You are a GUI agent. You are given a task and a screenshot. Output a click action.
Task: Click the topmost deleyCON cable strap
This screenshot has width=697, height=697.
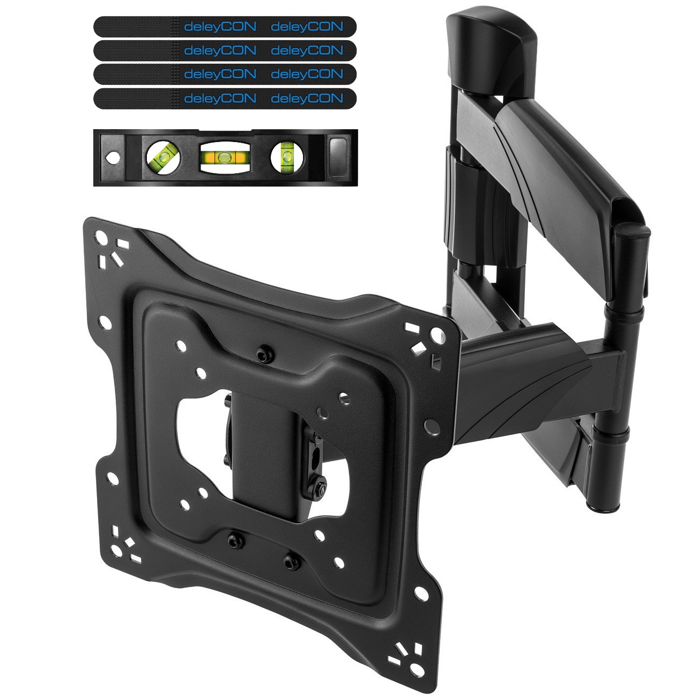pos(225,26)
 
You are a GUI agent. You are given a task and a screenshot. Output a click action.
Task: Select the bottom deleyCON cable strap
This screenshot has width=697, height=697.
pos(225,98)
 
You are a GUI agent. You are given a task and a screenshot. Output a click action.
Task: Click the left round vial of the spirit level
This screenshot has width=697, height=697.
pos(163,157)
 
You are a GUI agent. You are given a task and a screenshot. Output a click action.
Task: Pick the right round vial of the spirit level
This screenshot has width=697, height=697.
pos(287,157)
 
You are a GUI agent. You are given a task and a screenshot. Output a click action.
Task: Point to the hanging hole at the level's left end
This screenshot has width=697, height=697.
pos(113,158)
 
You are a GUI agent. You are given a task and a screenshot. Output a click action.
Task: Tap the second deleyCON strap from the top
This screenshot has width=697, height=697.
pos(225,50)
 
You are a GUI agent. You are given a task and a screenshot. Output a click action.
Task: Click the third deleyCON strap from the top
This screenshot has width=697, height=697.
pos(225,74)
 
